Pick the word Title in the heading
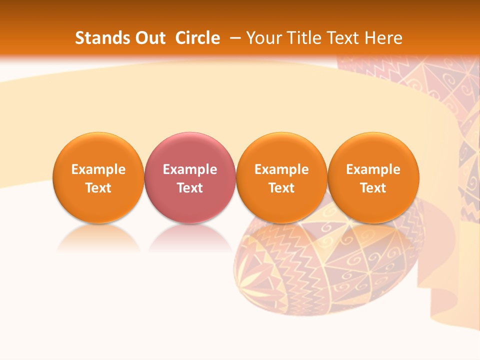(x=303, y=38)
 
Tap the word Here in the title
(x=383, y=38)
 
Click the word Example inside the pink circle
(x=190, y=169)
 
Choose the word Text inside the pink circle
(x=190, y=188)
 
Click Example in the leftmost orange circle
(x=98, y=169)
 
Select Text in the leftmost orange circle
(x=98, y=188)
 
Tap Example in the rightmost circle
(x=373, y=169)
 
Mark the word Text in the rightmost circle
(x=373, y=188)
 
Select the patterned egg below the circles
(x=325, y=270)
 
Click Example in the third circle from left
(x=281, y=169)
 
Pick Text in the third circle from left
(x=281, y=188)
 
